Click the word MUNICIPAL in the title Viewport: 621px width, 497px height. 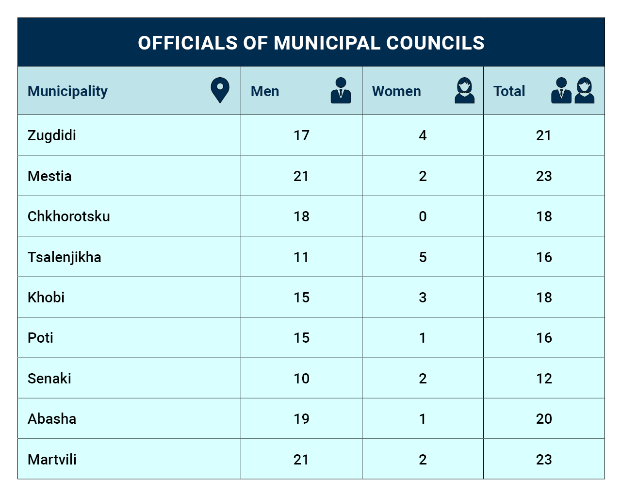327,43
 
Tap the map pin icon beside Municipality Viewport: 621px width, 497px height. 220,90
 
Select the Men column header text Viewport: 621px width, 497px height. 264,91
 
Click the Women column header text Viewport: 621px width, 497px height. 396,91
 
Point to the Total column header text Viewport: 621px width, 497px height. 509,91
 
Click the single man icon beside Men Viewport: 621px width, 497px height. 341,90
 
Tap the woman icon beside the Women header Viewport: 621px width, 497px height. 464,90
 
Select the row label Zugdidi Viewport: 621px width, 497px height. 51,135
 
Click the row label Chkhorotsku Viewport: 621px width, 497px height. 69,216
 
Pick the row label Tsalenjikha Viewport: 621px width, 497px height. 65,257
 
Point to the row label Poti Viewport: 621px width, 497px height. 40,338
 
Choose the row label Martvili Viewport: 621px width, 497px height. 52,459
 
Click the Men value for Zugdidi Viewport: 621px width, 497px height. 301,135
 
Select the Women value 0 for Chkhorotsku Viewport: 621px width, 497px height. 423,216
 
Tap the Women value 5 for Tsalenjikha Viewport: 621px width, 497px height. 423,257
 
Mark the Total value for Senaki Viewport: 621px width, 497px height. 544,378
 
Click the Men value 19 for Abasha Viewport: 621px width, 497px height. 301,419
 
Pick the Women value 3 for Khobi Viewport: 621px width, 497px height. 423,298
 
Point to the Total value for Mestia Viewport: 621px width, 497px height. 544,176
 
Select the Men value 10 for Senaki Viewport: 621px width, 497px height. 301,378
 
